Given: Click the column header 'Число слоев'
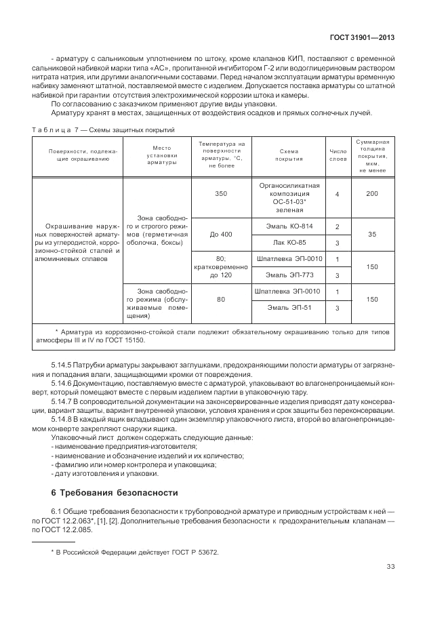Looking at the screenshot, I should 338,158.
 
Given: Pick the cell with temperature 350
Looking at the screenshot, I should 221,194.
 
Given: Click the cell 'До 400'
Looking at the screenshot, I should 221,234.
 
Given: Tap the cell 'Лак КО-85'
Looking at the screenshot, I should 289,242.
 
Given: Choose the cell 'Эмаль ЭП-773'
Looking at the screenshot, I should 289,275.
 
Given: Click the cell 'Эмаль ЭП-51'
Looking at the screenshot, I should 289,308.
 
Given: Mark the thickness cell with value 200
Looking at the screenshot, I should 371,194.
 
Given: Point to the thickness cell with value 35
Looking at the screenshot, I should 371,234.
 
